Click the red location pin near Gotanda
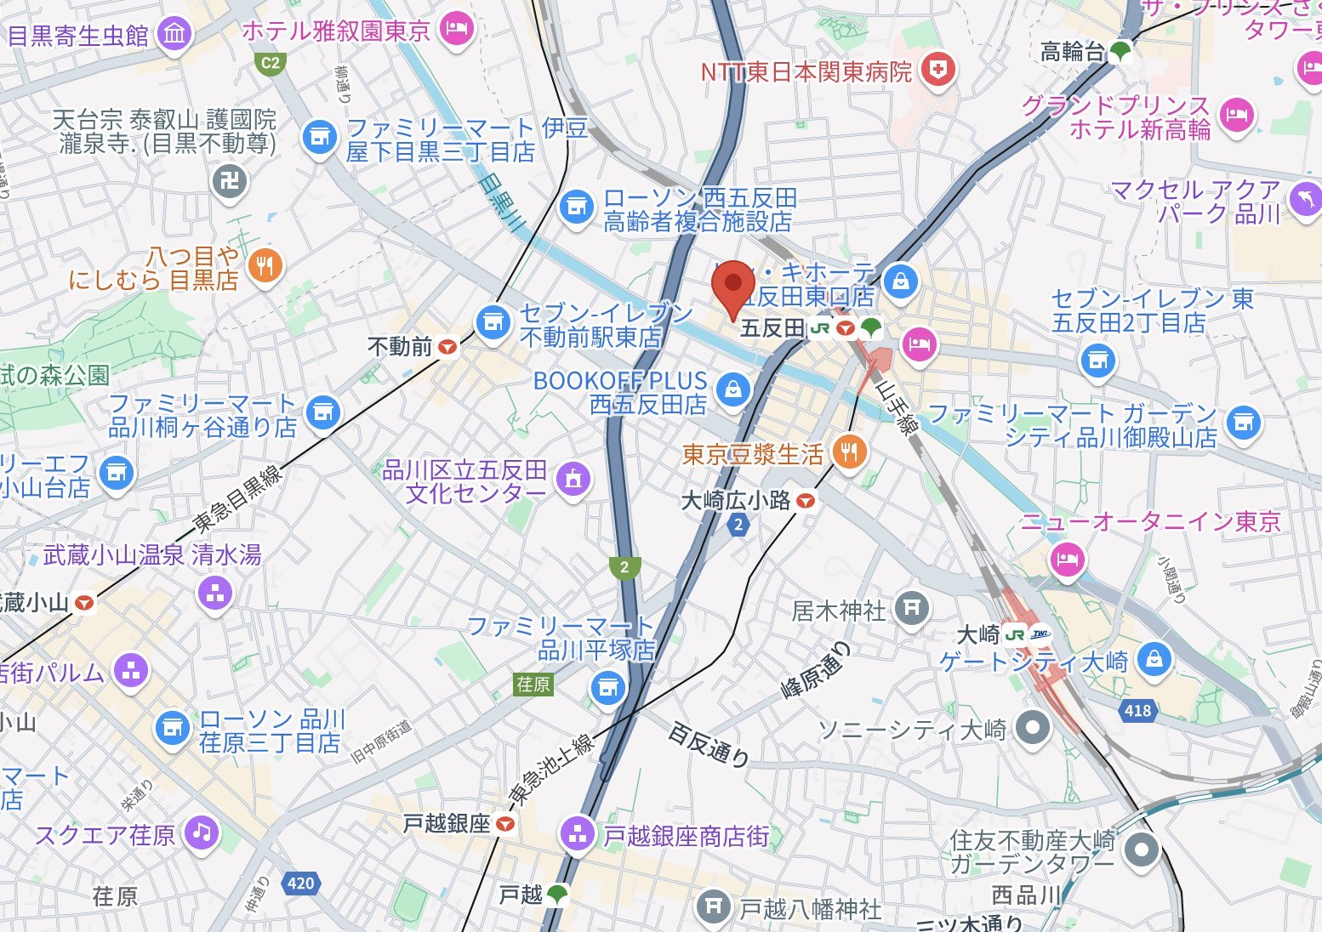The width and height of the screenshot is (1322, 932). [732, 286]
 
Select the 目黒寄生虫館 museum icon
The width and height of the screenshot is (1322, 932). [175, 35]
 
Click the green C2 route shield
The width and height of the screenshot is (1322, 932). [270, 62]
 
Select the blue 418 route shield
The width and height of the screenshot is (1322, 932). [1137, 710]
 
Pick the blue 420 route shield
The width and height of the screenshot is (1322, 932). [300, 883]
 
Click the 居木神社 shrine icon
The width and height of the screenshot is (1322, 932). [911, 608]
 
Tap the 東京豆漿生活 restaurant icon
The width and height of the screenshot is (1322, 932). [848, 452]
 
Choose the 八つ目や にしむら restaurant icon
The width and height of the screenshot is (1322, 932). [265, 266]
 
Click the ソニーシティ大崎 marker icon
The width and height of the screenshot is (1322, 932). [1033, 728]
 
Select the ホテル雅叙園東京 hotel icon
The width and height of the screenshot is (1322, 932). [457, 30]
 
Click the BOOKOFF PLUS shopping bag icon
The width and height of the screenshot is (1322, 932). [732, 389]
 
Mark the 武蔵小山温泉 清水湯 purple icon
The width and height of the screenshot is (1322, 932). [214, 593]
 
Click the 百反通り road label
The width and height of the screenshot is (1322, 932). [709, 744]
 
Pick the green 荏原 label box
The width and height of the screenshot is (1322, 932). [533, 684]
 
